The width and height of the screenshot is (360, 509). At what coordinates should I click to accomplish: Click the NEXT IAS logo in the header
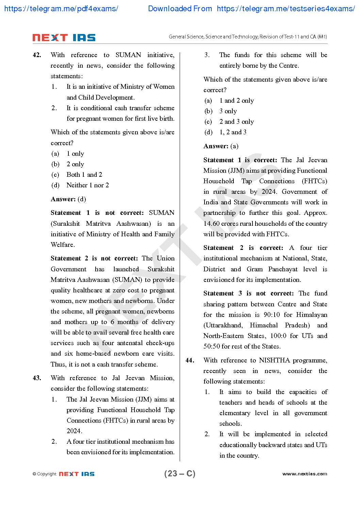coord(64,38)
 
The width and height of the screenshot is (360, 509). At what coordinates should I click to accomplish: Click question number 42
coord(37,55)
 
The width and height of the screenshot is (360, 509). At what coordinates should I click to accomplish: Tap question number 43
coord(37,378)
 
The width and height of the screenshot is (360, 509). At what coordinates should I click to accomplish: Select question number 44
coord(190,360)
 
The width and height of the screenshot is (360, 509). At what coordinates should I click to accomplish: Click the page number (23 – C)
coord(180,474)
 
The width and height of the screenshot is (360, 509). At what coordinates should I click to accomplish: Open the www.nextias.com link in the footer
coord(305,474)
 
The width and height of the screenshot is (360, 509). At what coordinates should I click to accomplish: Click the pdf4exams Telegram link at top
coord(61,9)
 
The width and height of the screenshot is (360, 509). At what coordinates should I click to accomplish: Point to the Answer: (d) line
coord(68,199)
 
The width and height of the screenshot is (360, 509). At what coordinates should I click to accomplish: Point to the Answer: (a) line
coord(221,146)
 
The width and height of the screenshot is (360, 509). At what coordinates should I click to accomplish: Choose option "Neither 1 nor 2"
coord(87,185)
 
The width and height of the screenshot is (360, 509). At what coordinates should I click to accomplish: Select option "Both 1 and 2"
coord(84,175)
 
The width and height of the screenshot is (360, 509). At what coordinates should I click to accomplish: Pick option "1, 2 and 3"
coord(233,132)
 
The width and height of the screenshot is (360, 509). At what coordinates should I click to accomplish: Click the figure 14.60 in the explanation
coord(211,224)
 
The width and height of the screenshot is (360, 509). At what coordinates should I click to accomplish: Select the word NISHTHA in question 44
coord(274,360)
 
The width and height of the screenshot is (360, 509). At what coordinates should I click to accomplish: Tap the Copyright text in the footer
coord(47,474)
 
